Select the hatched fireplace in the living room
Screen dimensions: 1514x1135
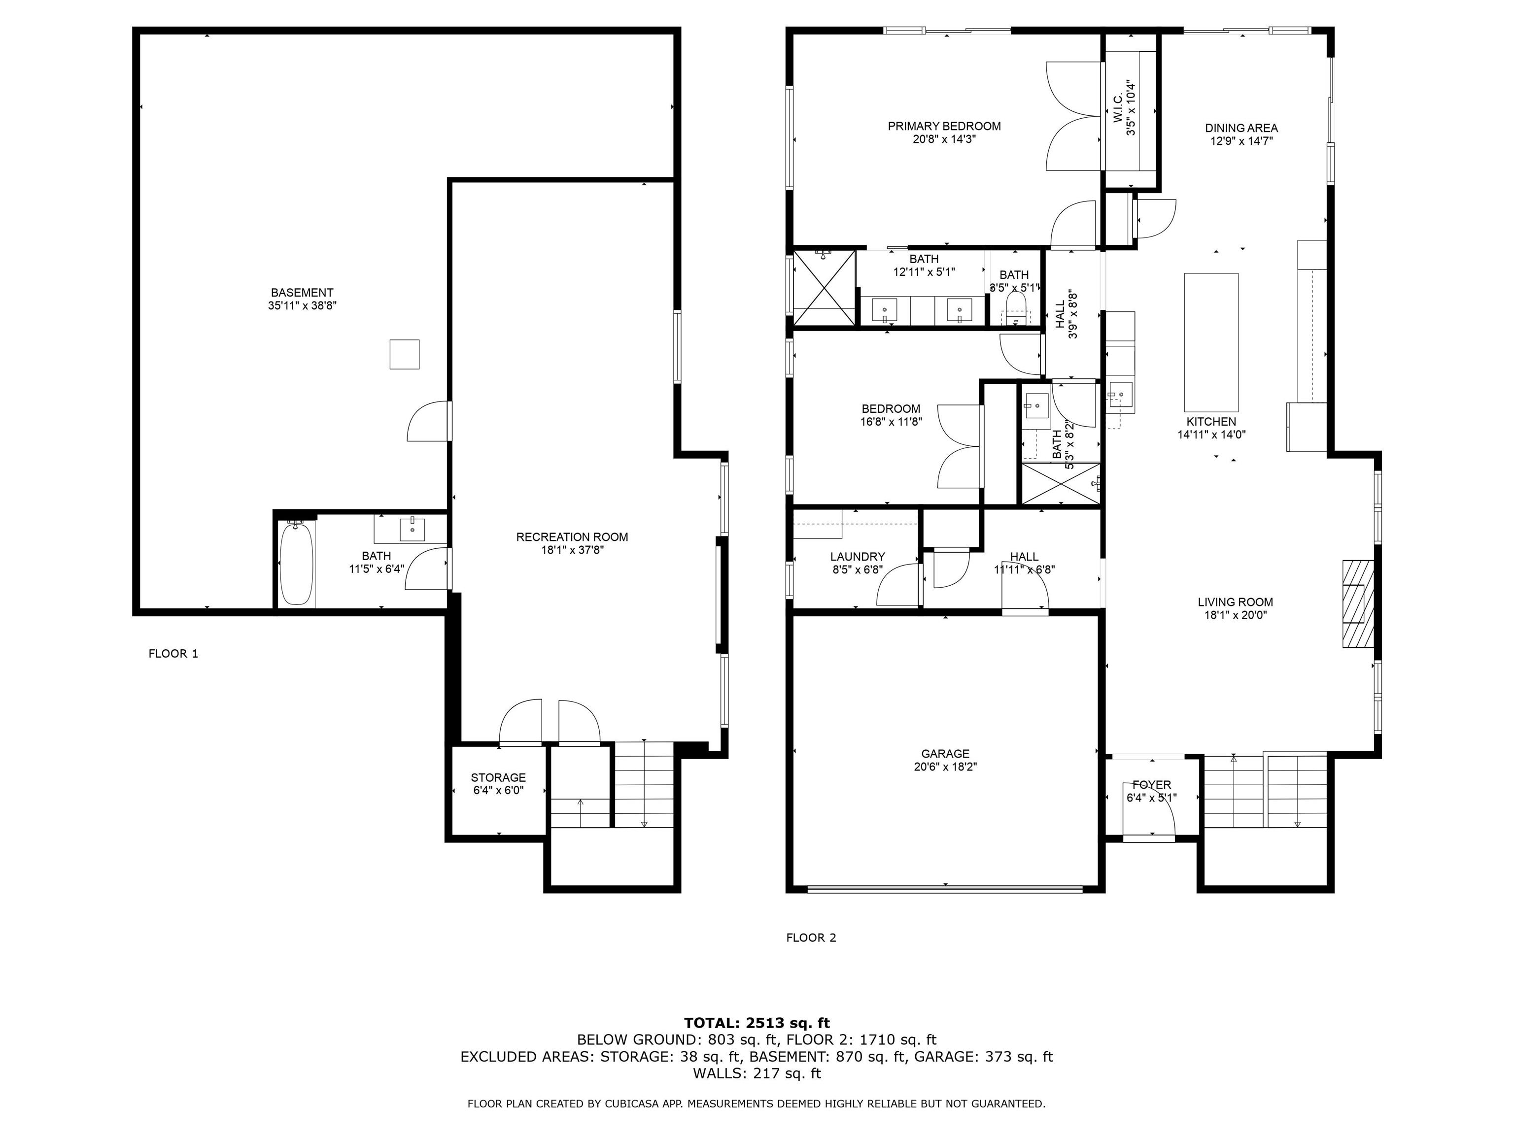point(1358,604)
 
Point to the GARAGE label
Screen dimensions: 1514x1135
point(945,754)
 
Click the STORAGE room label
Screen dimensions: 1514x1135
point(498,778)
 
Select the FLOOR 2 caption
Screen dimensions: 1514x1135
point(811,938)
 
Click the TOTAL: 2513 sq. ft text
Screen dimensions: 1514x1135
point(757,1023)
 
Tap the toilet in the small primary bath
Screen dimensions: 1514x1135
point(1016,305)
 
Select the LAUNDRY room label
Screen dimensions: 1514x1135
point(858,557)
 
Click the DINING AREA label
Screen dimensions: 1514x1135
point(1241,128)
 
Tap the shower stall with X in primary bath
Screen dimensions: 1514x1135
point(824,287)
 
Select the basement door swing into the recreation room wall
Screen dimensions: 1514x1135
point(428,421)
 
